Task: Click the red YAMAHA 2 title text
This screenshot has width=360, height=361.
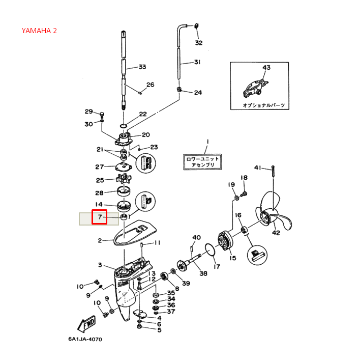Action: (x=39, y=31)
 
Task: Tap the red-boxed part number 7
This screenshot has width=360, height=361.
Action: (x=99, y=217)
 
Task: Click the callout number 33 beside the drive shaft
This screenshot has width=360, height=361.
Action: (x=142, y=67)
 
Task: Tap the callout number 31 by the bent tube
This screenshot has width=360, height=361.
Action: (x=197, y=63)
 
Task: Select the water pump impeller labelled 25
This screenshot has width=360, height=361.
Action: (x=123, y=180)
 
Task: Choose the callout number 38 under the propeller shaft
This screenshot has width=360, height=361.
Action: (x=203, y=273)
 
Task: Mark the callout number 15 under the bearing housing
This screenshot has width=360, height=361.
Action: (x=232, y=258)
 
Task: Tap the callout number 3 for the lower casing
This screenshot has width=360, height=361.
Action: (x=100, y=265)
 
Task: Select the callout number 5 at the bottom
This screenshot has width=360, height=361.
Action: (x=159, y=330)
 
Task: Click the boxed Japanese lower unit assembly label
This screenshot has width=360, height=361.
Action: (x=202, y=162)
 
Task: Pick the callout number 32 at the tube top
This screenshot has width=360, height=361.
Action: (x=199, y=43)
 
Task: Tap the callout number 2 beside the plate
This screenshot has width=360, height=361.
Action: (x=100, y=241)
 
